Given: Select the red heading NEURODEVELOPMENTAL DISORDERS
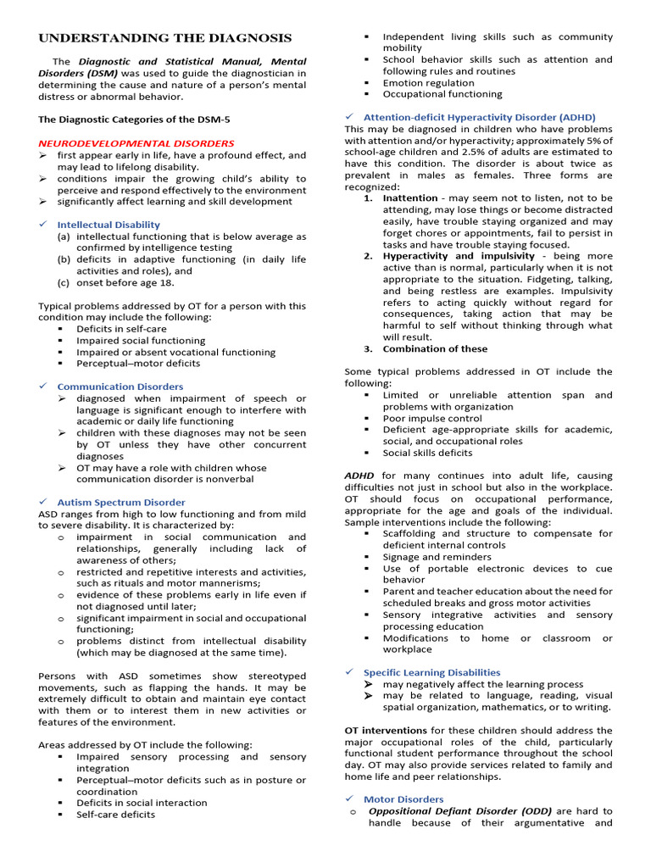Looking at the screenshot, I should click(136, 143).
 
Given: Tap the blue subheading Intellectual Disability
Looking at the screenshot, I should click(108, 225).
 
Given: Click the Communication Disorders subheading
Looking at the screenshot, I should click(120, 387).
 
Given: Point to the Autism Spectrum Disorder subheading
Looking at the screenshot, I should click(121, 503).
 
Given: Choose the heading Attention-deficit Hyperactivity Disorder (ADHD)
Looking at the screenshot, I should click(479, 117).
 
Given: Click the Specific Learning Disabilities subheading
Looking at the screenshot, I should click(431, 672).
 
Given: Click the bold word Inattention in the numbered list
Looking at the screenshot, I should click(410, 198).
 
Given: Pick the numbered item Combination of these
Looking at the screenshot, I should click(435, 348).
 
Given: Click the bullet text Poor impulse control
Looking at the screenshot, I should click(432, 418).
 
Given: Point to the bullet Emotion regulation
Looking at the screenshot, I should click(428, 83).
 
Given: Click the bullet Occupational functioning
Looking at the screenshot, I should click(442, 94).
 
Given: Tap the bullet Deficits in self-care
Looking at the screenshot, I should click(121, 329).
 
